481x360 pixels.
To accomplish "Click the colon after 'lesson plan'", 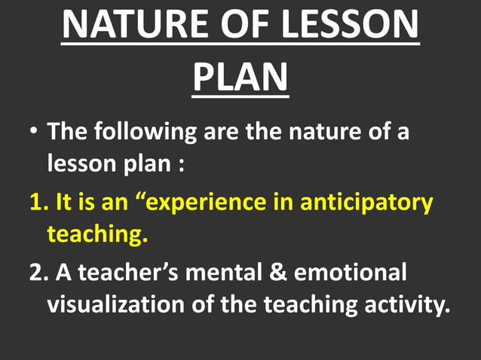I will (182, 163).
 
